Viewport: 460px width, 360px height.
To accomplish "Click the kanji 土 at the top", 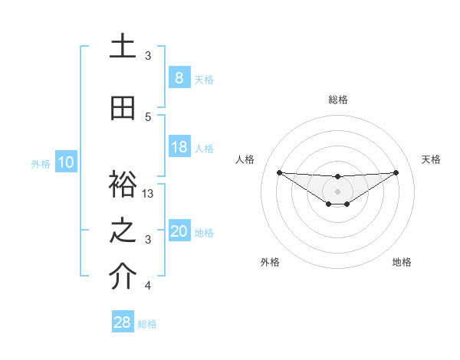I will [123, 47].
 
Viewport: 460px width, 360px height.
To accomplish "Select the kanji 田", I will [123, 108].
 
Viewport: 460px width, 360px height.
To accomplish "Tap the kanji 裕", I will [123, 185].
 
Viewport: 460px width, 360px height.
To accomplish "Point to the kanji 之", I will [123, 231].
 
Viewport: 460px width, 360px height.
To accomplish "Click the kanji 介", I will [123, 277].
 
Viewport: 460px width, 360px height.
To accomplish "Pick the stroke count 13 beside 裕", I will [149, 194].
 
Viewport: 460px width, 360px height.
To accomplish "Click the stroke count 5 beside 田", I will [148, 117].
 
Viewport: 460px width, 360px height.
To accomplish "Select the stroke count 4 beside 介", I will [148, 286].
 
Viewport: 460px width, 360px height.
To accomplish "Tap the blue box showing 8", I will [179, 77].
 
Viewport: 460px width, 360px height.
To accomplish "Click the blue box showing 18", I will [179, 147].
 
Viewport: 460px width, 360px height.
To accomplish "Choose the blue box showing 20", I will [179, 231].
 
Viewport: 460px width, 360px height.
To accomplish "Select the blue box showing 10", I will [65, 162].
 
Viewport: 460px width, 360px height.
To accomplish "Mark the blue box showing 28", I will [123, 322].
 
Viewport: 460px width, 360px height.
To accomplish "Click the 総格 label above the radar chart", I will [338, 100].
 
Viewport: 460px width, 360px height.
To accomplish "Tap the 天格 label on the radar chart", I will [432, 159].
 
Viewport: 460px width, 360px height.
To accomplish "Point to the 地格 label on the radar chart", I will [402, 262].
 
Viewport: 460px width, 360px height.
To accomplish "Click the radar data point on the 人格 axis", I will [279, 172].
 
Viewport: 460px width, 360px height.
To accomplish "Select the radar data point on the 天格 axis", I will [396, 172].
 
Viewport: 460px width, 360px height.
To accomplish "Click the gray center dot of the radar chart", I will [337, 191].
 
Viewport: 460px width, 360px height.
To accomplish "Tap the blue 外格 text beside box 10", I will [41, 163].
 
